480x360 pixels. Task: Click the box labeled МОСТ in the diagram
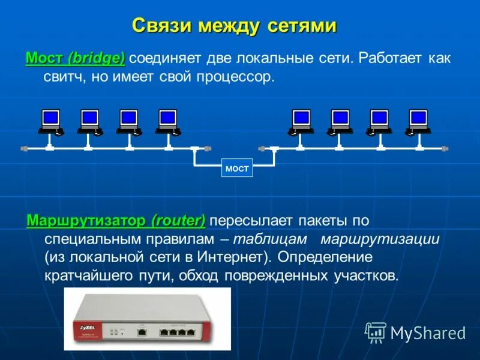pyautogui.click(x=237, y=169)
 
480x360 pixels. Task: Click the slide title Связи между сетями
pyautogui.click(x=233, y=26)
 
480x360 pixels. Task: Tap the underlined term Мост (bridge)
pyautogui.click(x=75, y=59)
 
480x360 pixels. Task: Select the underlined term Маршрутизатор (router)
pyautogui.click(x=116, y=220)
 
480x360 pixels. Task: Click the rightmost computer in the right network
pyautogui.click(x=417, y=122)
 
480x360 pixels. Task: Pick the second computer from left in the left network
pyautogui.click(x=89, y=122)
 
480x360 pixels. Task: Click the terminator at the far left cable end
pyautogui.click(x=24, y=148)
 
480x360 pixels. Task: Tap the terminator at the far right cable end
pyautogui.click(x=445, y=148)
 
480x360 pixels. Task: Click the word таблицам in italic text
pyautogui.click(x=270, y=239)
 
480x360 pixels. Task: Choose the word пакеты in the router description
pyautogui.click(x=322, y=220)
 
